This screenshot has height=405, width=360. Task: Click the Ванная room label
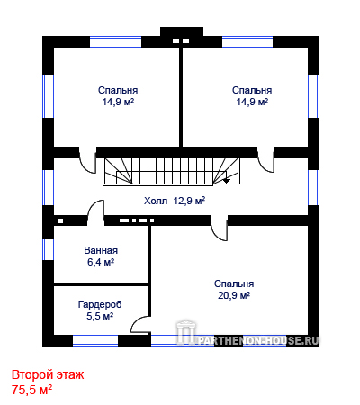pyautogui.click(x=101, y=250)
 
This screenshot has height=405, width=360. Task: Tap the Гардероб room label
pyautogui.click(x=100, y=304)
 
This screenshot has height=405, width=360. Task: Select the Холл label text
pyautogui.click(x=156, y=201)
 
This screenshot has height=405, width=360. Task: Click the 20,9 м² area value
pyautogui.click(x=234, y=295)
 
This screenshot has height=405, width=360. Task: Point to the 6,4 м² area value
pyautogui.click(x=101, y=262)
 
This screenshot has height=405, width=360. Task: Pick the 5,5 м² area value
pyautogui.click(x=100, y=316)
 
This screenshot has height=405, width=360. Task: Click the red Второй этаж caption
pyautogui.click(x=48, y=374)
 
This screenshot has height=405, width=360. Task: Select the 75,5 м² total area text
pyautogui.click(x=31, y=390)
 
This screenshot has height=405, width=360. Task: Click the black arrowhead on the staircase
pyautogui.click(x=227, y=181)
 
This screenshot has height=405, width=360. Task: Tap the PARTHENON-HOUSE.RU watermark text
pyautogui.click(x=258, y=340)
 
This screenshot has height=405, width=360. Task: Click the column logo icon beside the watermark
pyautogui.click(x=186, y=332)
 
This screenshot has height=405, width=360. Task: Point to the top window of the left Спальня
pyautogui.click(x=115, y=42)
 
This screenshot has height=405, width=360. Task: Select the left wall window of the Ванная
pyautogui.click(x=48, y=249)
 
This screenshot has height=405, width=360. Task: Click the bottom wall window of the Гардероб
pyautogui.click(x=95, y=340)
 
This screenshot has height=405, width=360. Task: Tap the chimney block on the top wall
pyautogui.click(x=182, y=33)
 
